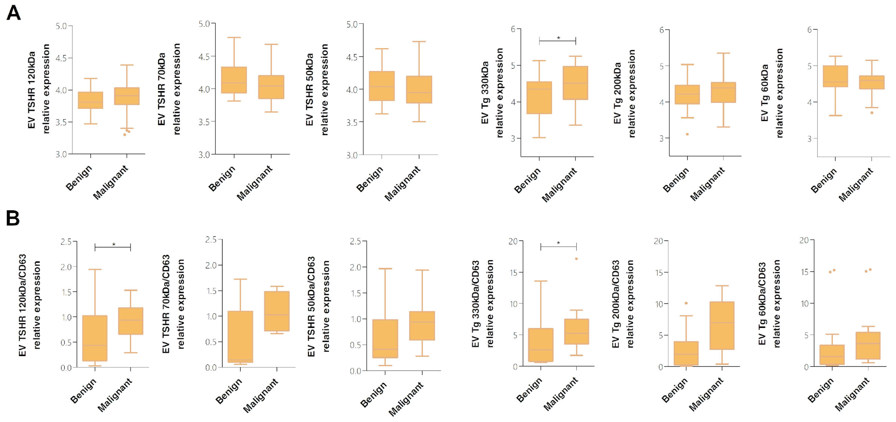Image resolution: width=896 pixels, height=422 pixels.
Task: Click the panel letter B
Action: (13, 218)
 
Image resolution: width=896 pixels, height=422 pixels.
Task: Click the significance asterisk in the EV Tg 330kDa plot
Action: (559, 38)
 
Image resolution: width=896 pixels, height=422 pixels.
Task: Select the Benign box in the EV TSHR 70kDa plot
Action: (234, 80)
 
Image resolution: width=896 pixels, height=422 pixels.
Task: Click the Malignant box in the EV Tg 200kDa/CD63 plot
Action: (722, 325)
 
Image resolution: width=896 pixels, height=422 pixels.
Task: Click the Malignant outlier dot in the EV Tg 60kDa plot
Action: (872, 113)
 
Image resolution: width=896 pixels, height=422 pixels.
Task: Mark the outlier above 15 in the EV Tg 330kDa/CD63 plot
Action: (576, 259)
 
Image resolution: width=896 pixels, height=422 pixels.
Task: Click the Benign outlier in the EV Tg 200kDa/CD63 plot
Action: (686, 303)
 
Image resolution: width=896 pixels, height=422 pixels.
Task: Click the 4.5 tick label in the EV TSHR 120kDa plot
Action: (61, 58)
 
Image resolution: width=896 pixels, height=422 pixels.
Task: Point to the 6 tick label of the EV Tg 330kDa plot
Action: (513, 29)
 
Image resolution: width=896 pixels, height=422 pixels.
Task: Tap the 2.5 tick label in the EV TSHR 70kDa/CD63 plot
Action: (211, 239)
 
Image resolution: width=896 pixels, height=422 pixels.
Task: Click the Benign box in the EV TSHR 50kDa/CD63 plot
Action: (385, 339)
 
